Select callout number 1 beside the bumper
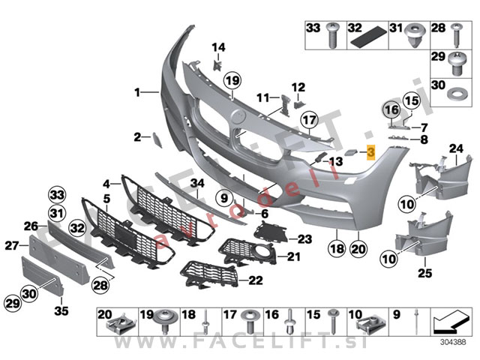click(138, 93)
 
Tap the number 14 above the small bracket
click(217, 48)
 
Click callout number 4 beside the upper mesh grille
click(106, 182)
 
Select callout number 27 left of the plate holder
click(10, 244)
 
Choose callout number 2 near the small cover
click(138, 136)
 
